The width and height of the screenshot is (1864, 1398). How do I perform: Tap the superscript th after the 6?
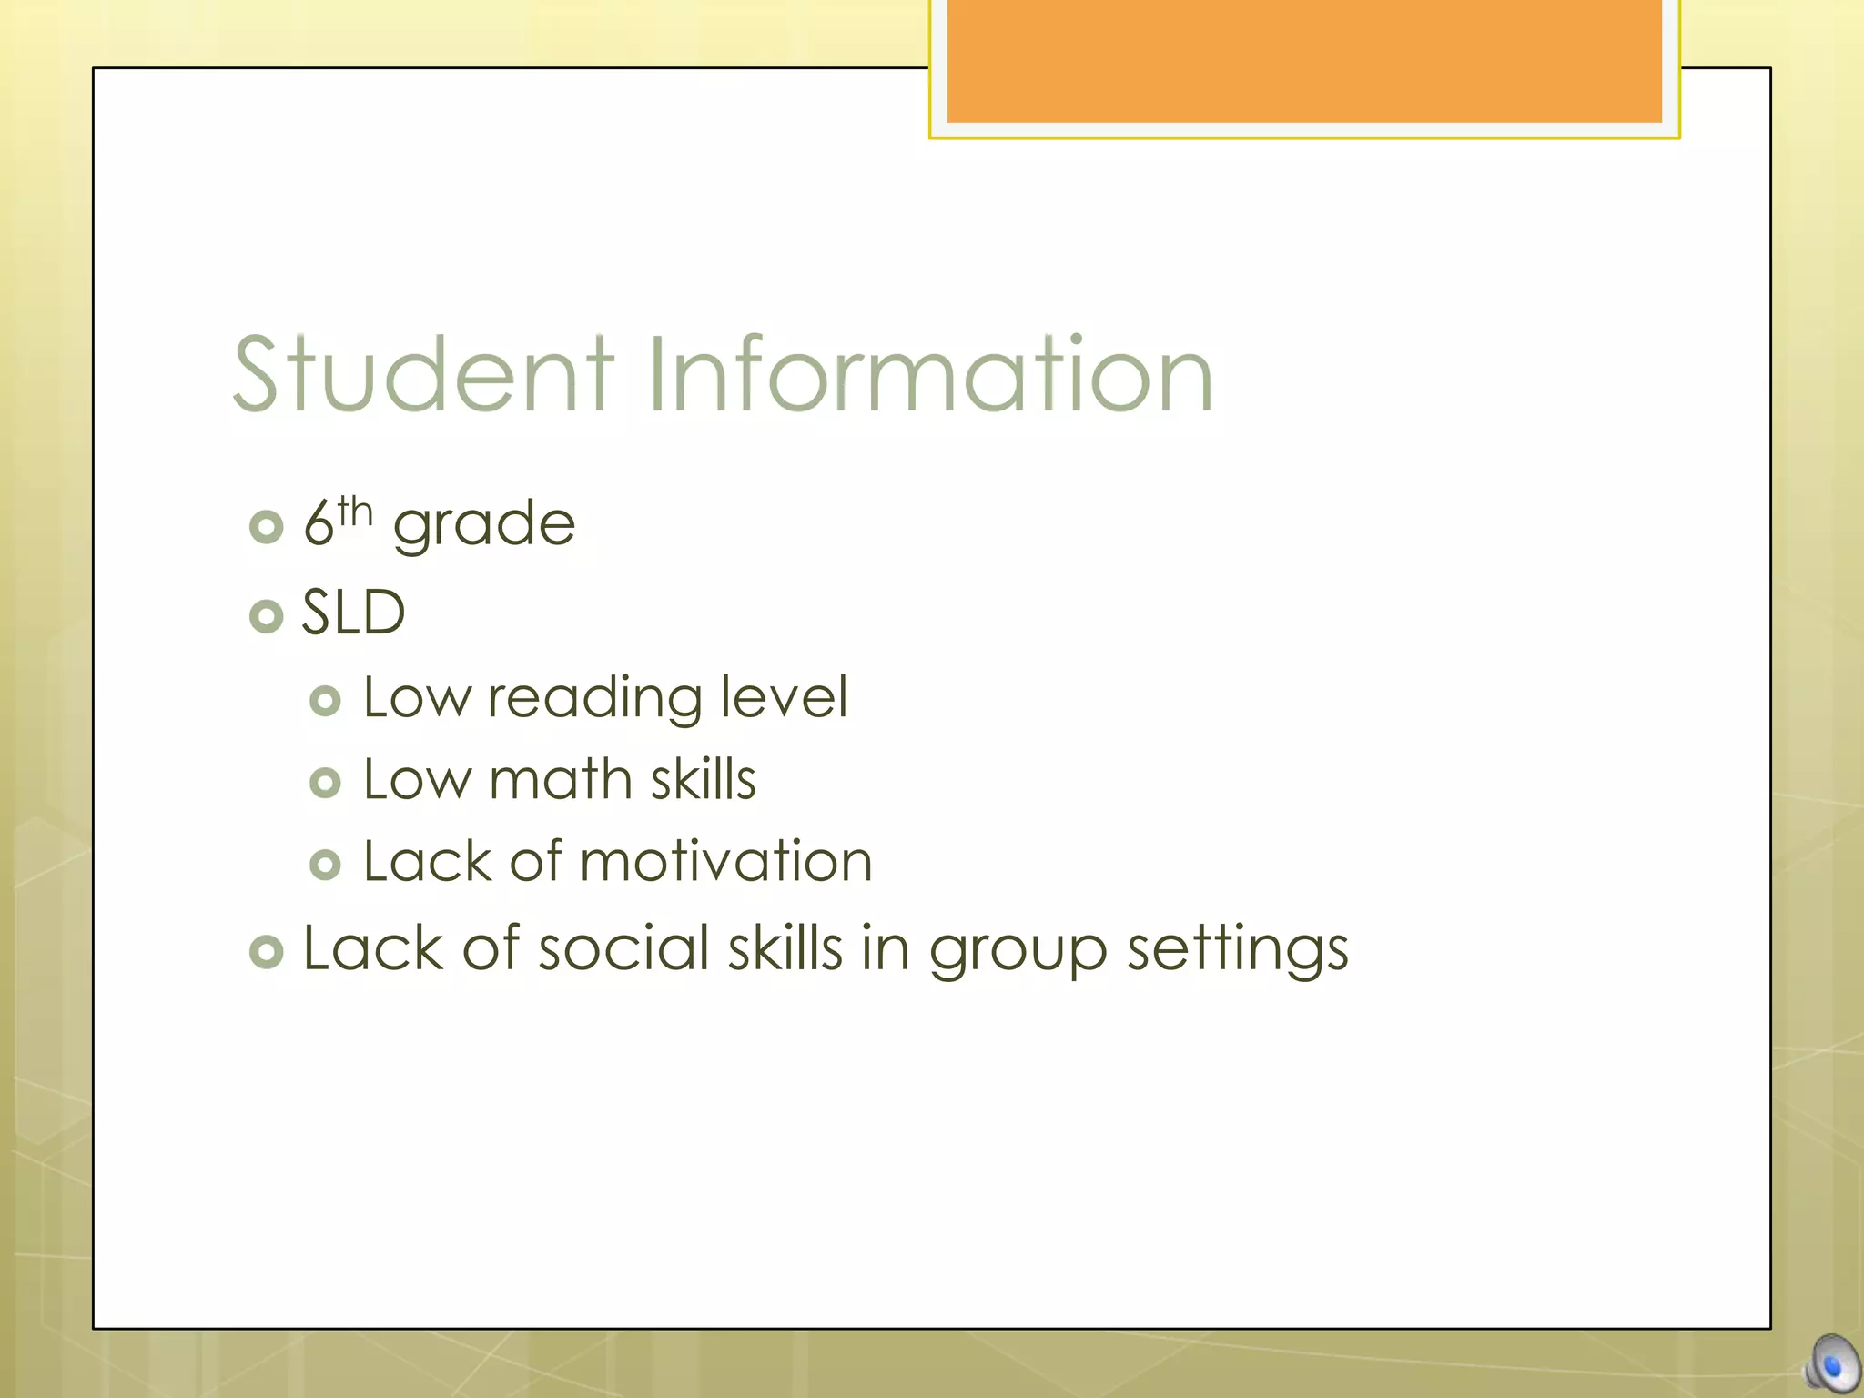pyautogui.click(x=355, y=512)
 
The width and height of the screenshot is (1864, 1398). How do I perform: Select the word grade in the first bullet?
pyautogui.click(x=484, y=525)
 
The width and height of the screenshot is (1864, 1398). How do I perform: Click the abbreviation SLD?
pyautogui.click(x=353, y=613)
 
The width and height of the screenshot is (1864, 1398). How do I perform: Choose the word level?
pyautogui.click(x=784, y=697)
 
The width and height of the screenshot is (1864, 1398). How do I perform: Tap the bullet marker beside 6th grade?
pyautogui.click(x=267, y=527)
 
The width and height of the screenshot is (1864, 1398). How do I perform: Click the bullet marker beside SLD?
pyautogui.click(x=267, y=616)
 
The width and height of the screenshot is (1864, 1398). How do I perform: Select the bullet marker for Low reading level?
pyautogui.click(x=325, y=701)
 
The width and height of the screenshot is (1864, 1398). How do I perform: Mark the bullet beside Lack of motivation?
pyautogui.click(x=325, y=865)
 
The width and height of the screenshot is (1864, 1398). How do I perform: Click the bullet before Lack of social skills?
pyautogui.click(x=267, y=952)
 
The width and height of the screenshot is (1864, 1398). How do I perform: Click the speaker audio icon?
pyautogui.click(x=1832, y=1365)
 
